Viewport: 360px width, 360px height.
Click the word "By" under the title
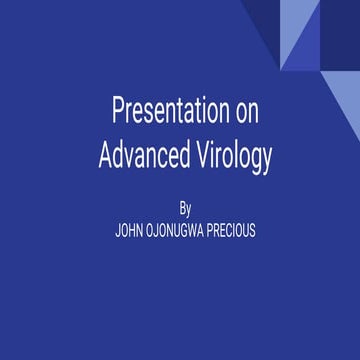[x=185, y=209]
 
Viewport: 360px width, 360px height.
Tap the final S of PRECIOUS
[x=252, y=231]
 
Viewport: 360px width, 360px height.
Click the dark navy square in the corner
[x=340, y=20]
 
